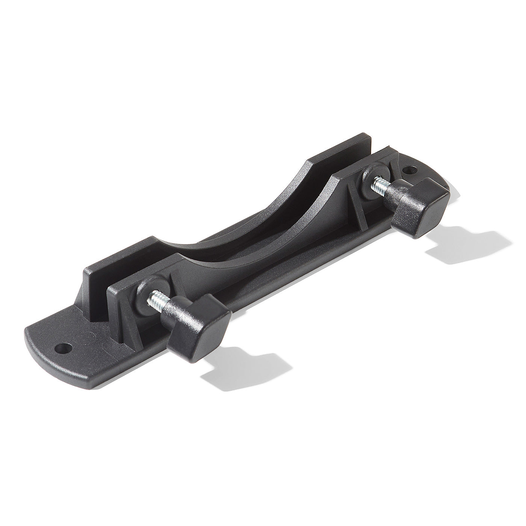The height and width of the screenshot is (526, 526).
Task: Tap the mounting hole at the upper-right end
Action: pos(408,170)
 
